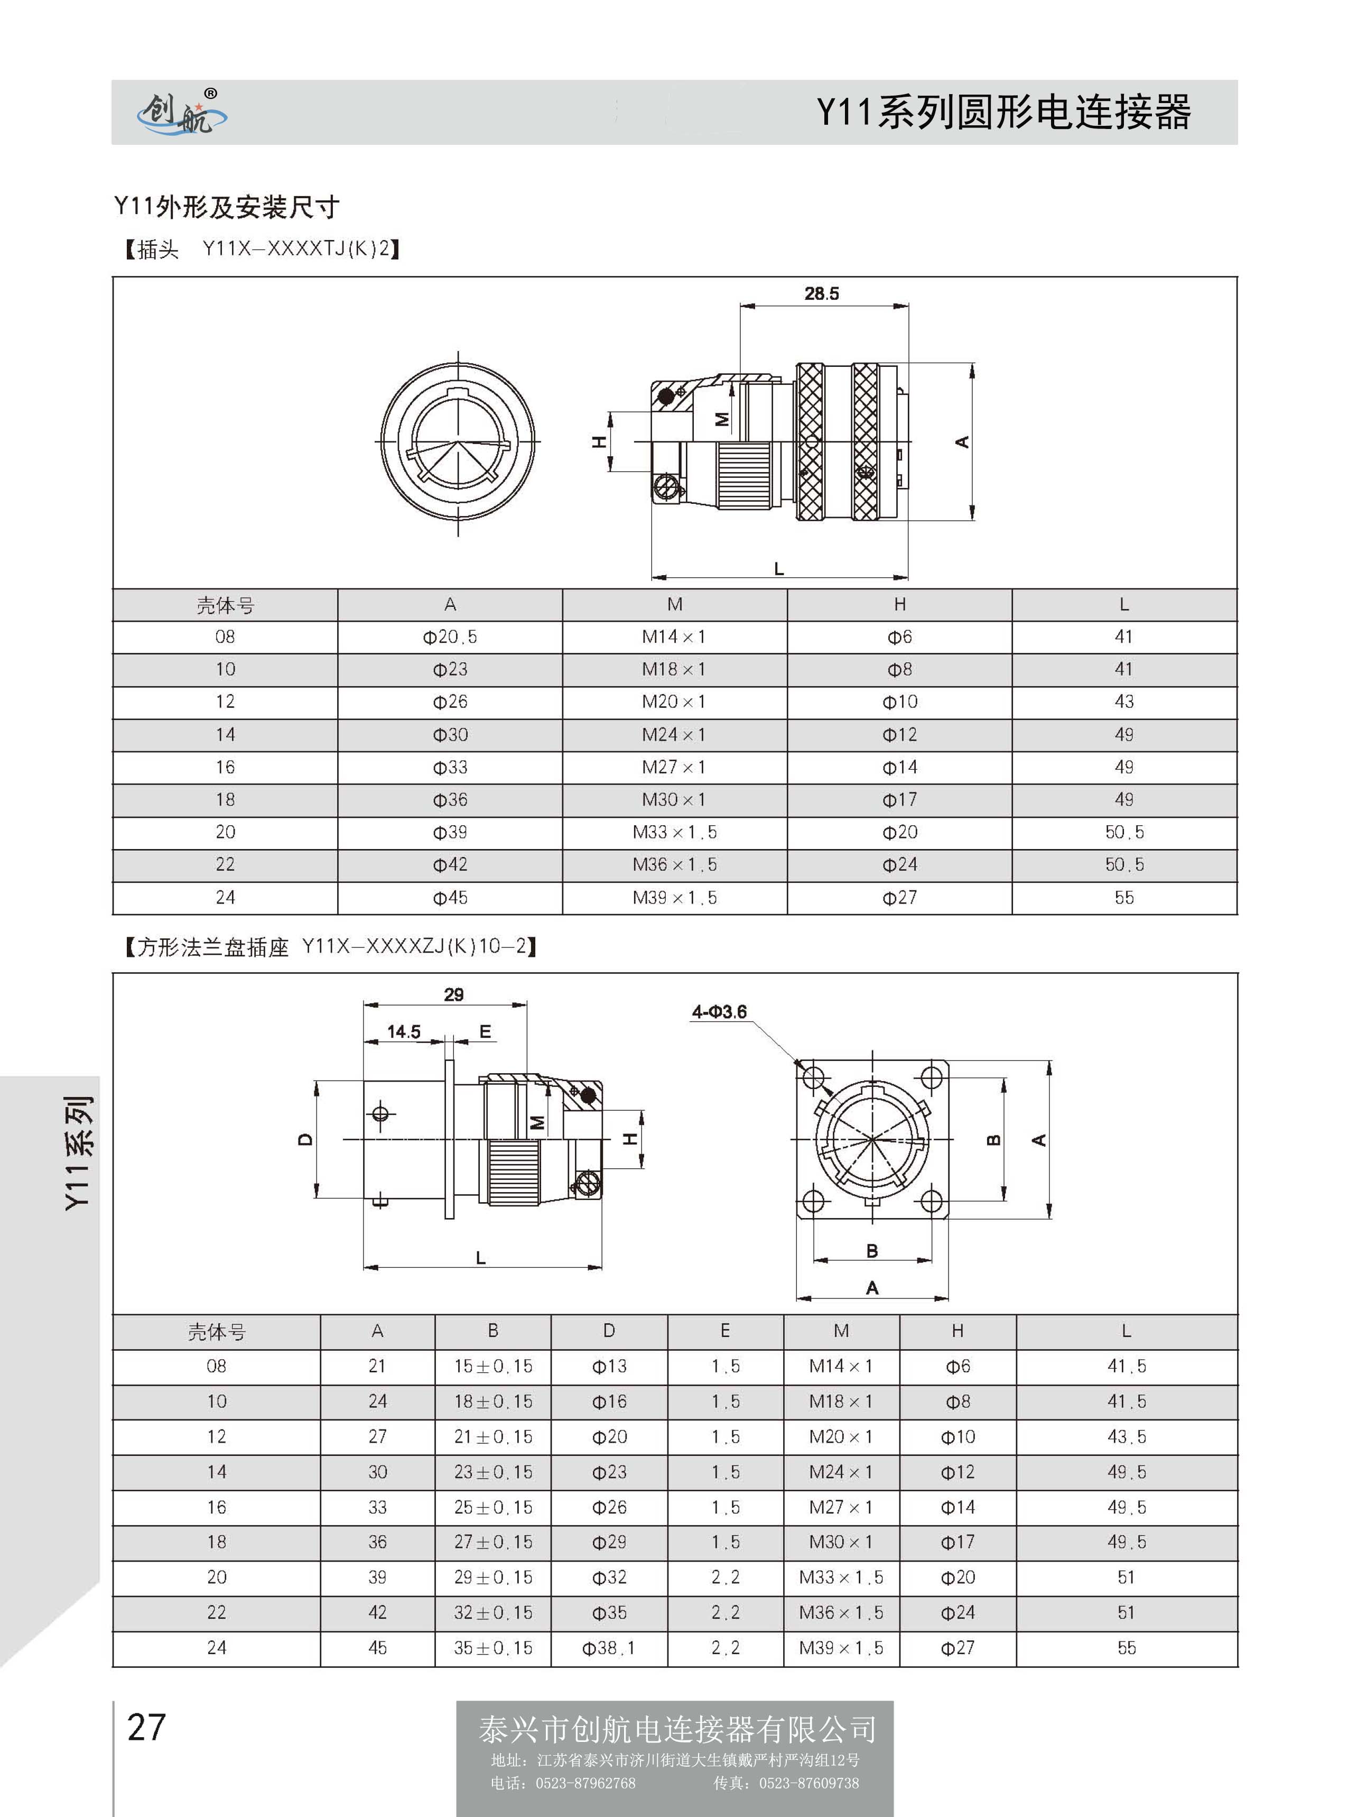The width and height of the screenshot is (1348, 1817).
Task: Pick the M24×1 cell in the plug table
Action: point(674,735)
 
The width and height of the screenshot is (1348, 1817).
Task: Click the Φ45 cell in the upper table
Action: point(450,898)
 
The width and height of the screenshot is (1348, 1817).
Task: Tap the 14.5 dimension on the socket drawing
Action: point(404,1032)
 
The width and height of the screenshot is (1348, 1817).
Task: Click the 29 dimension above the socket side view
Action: point(454,994)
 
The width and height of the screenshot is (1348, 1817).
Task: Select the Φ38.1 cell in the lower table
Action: point(609,1648)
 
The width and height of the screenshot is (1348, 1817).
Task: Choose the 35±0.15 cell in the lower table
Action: point(493,1648)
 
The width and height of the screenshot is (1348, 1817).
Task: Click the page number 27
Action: point(147,1727)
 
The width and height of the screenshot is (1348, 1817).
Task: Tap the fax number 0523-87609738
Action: point(808,1783)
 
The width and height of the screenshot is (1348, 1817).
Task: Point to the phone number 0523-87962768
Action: point(585,1783)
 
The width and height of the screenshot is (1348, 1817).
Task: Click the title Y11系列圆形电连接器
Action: point(1003,112)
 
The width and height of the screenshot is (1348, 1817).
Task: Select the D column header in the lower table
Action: point(609,1331)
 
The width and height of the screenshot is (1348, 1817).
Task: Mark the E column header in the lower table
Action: point(724,1331)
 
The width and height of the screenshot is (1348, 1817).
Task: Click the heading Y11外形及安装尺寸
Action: point(226,207)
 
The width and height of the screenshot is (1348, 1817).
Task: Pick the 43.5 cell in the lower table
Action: point(1126,1436)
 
